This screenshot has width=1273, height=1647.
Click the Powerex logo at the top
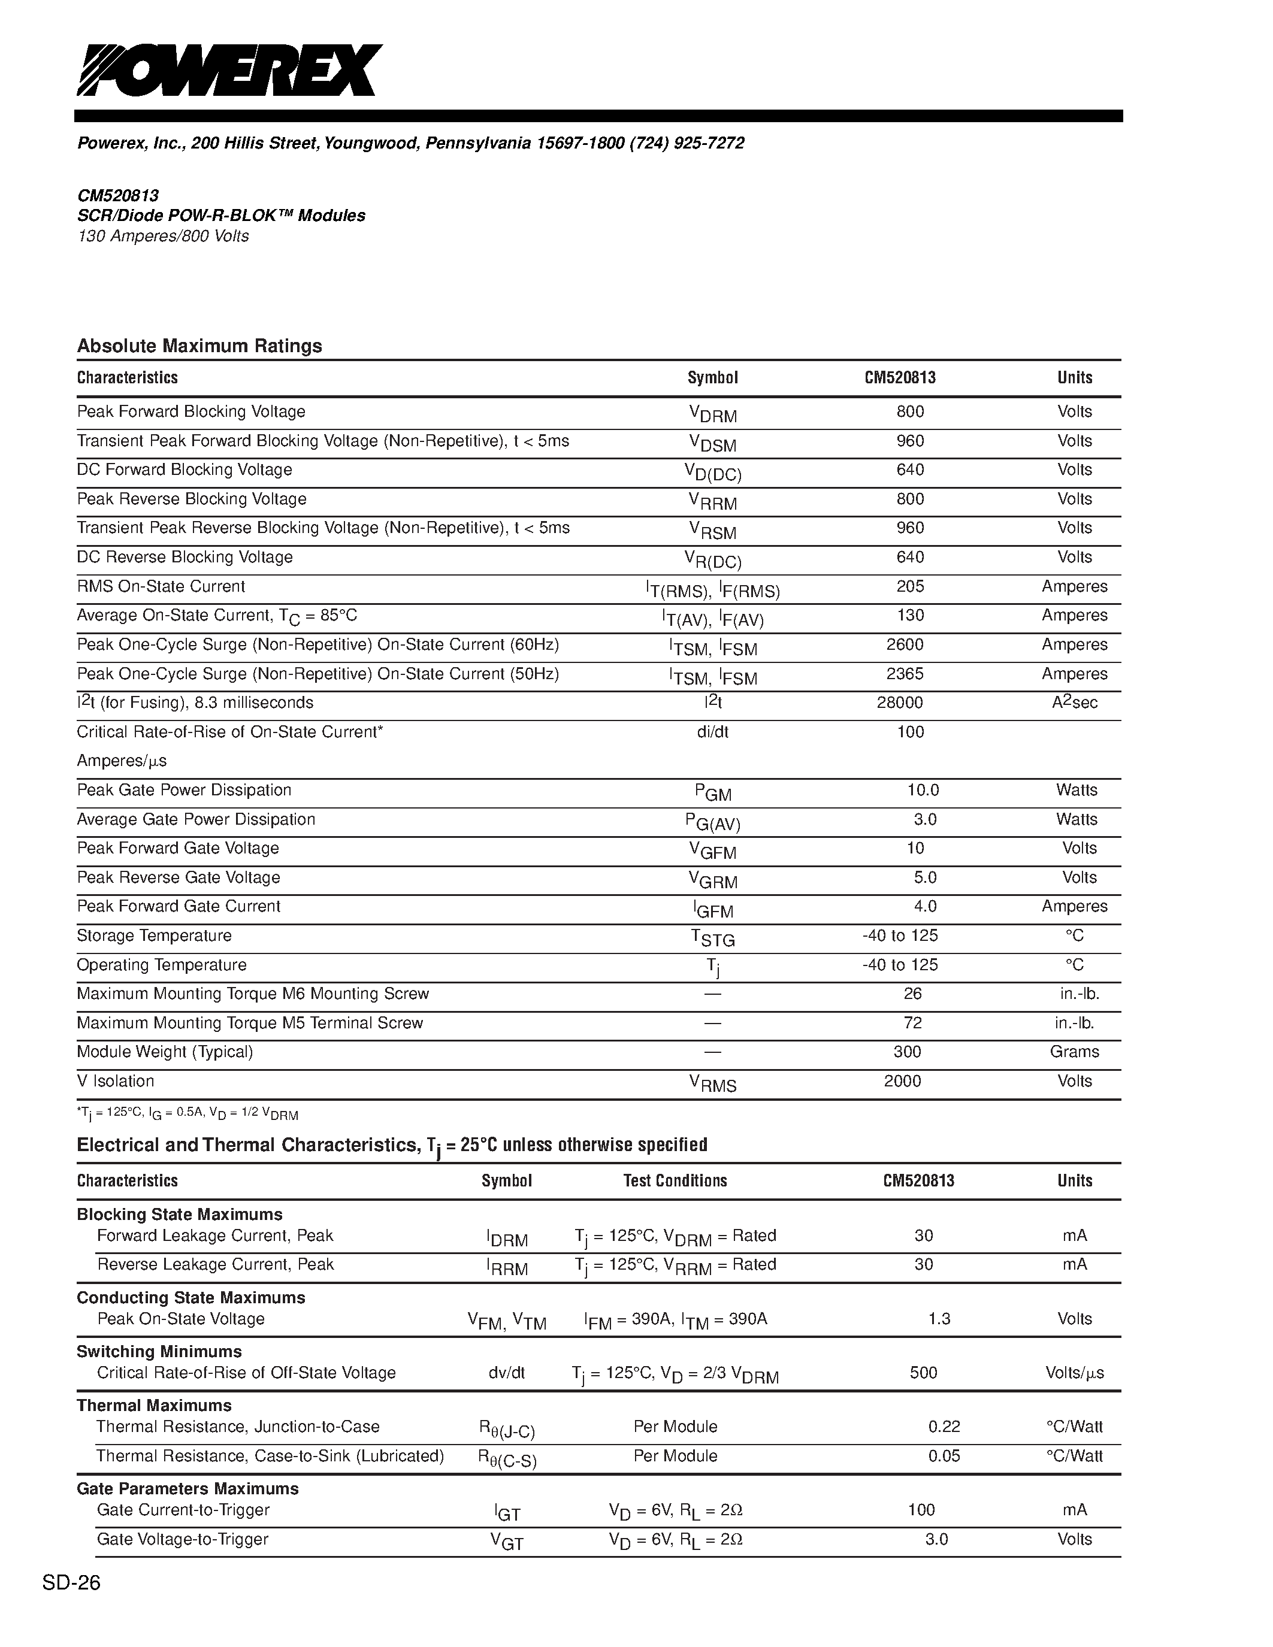(229, 70)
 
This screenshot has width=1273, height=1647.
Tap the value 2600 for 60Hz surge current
(909, 645)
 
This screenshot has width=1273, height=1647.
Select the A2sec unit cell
(1075, 703)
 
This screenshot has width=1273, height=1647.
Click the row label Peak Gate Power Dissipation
(184, 791)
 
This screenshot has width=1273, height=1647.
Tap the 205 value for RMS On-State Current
(910, 587)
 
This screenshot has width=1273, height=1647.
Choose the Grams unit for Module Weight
(1075, 1052)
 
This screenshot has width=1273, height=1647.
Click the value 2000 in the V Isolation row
(903, 1082)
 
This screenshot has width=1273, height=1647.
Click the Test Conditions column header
(675, 1181)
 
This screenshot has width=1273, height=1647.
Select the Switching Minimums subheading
(159, 1351)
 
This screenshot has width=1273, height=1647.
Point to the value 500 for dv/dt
(924, 1373)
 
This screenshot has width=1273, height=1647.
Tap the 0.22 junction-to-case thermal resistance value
(944, 1427)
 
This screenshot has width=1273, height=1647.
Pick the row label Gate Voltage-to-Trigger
(183, 1539)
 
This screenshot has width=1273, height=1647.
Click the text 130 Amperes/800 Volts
(163, 236)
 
